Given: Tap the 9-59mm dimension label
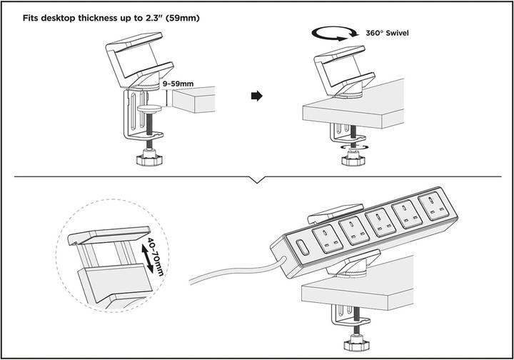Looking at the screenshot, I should tap(178, 84).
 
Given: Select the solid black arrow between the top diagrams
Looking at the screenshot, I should tap(257, 96).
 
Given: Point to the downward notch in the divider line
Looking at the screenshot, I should tap(257, 180).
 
